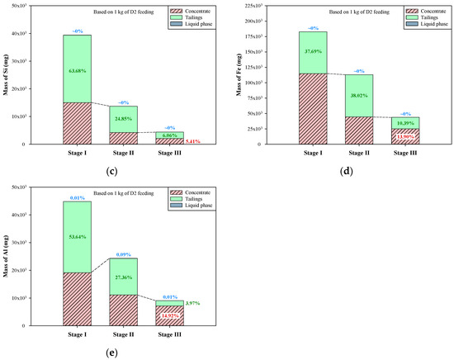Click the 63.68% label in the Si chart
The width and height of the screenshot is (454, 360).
[x=78, y=71]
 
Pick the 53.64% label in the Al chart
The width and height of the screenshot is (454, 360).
[x=78, y=236]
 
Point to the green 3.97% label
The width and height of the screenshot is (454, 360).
[x=192, y=303]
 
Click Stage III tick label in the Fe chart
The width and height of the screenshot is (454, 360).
[x=404, y=154]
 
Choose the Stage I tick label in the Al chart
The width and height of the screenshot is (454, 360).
[x=78, y=335]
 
